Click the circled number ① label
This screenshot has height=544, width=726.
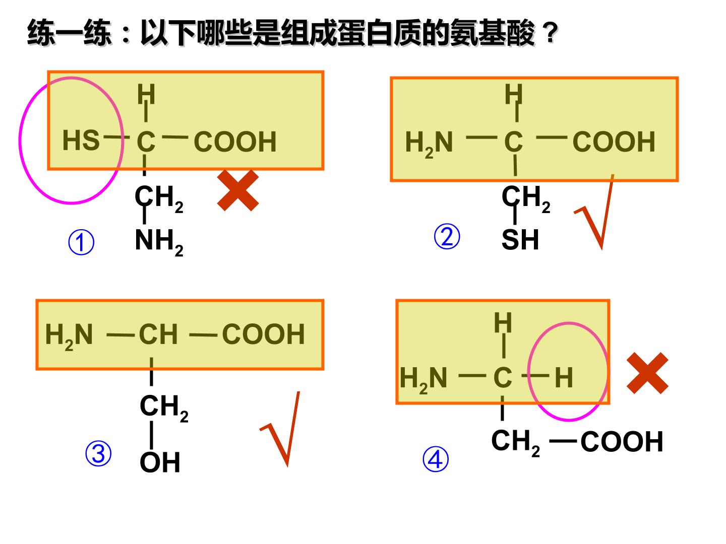coord(81,242)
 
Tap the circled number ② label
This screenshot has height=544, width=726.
coord(447,236)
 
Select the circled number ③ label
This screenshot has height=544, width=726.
coord(98,453)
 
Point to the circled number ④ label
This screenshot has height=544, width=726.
coord(435,459)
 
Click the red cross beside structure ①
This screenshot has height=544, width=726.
coord(238,190)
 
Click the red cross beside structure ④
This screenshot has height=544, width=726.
coord(647,373)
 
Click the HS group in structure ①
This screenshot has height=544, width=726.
coord(81,140)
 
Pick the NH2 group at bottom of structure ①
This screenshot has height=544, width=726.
coord(159,242)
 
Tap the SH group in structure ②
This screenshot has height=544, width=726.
coord(520,239)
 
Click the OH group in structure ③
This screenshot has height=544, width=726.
coord(160,462)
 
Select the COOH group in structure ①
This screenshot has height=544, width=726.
coord(235,142)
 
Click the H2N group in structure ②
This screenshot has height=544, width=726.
coord(429,144)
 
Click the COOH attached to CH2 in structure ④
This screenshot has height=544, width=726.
coord(622,441)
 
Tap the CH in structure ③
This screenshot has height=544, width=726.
coord(158,334)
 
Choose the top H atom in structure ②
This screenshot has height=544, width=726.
coord(513,94)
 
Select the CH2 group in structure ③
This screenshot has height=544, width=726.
coord(164,408)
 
